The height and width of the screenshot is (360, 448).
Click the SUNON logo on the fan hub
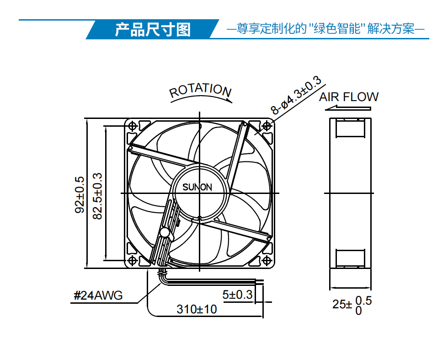click(197, 187)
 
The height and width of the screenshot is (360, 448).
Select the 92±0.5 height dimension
click(80, 195)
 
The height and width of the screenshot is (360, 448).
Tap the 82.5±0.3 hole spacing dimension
click(97, 196)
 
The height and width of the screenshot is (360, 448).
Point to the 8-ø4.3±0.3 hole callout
click(296, 95)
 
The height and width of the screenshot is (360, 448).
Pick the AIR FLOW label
click(348, 97)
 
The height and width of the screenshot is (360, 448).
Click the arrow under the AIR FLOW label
click(348, 108)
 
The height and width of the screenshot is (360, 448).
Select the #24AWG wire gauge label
click(98, 296)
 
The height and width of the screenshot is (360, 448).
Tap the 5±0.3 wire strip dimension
click(237, 295)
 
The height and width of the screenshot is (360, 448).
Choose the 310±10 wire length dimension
click(197, 309)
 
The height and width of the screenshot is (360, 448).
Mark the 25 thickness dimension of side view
click(352, 305)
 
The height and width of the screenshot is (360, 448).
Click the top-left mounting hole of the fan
click(132, 125)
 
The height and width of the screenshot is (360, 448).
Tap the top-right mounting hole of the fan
click(267, 125)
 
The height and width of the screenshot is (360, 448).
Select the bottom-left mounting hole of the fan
click(132, 260)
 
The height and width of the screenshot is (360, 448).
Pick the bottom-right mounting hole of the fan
click(267, 260)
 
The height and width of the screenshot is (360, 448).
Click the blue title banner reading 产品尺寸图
click(153, 29)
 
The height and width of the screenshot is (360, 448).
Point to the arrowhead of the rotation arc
click(229, 100)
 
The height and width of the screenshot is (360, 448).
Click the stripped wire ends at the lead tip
click(259, 282)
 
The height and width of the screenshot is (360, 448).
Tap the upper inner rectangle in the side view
click(350, 128)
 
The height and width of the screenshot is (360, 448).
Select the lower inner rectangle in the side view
click(350, 258)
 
